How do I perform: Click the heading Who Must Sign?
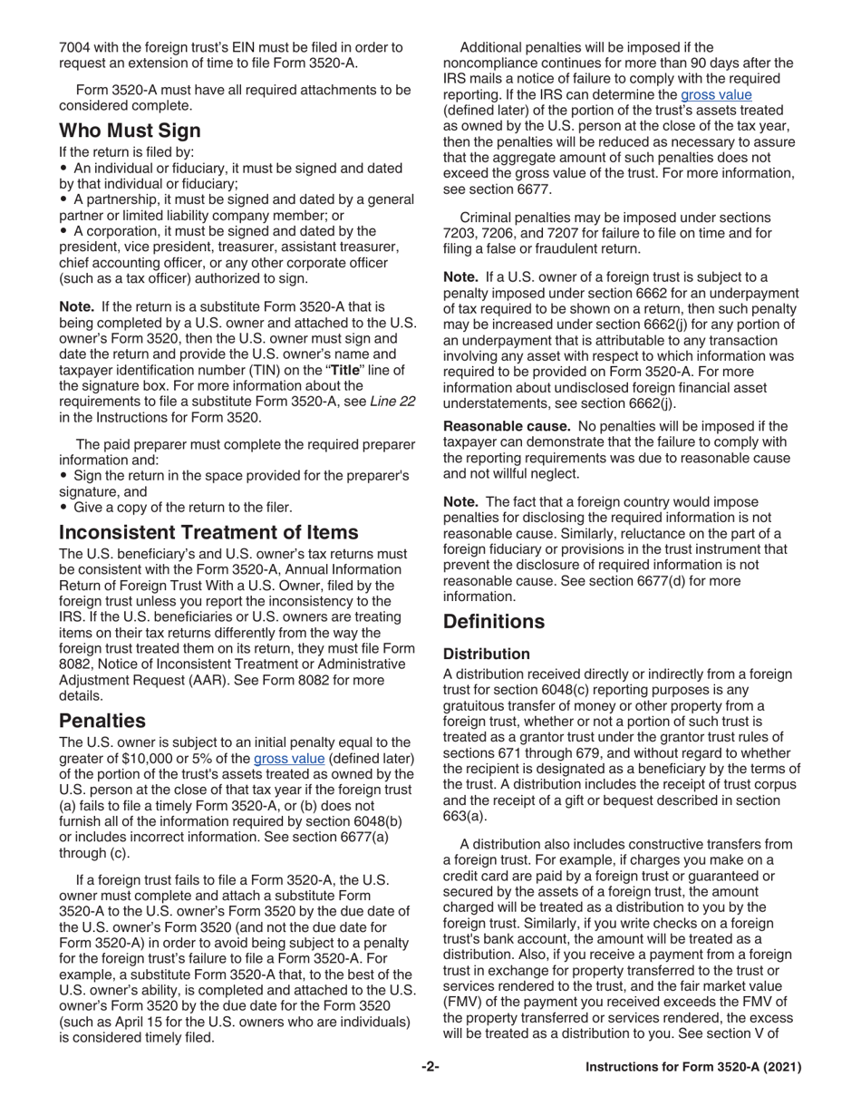coord(130,130)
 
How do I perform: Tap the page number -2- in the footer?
coord(430,1092)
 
